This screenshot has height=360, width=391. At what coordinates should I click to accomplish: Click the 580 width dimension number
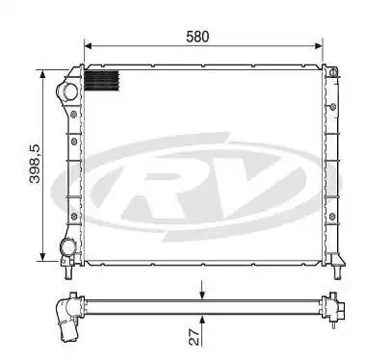pyautogui.click(x=198, y=37)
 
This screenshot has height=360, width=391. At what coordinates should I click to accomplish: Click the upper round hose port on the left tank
pyautogui.click(x=67, y=92)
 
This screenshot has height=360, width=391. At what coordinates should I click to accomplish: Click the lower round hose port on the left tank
pyautogui.click(x=67, y=247)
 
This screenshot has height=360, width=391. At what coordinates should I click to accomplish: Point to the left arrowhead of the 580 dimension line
pyautogui.click(x=89, y=45)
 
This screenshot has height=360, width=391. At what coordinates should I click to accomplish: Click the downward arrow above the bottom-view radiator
pyautogui.click(x=201, y=292)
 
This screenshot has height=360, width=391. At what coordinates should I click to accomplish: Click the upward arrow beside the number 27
pyautogui.click(x=201, y=320)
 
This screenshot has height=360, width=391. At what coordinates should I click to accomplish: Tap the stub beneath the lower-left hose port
pyautogui.click(x=66, y=261)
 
